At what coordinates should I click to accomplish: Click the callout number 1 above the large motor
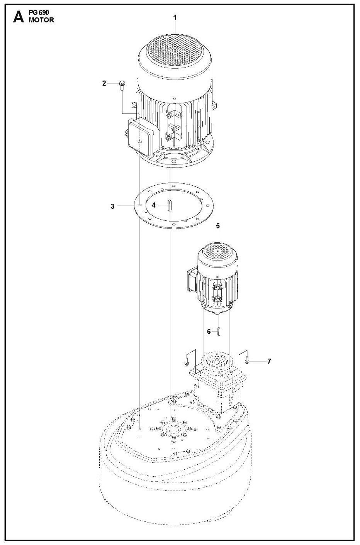click(x=175, y=17)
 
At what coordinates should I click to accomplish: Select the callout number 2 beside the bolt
click(x=104, y=83)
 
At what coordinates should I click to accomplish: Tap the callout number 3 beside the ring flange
click(x=113, y=206)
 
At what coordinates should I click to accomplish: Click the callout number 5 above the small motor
click(x=218, y=226)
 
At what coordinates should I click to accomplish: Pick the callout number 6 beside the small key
click(x=209, y=332)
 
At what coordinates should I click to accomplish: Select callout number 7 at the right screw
click(x=269, y=361)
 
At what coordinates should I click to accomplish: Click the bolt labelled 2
click(x=122, y=85)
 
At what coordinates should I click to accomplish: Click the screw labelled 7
click(x=248, y=361)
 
